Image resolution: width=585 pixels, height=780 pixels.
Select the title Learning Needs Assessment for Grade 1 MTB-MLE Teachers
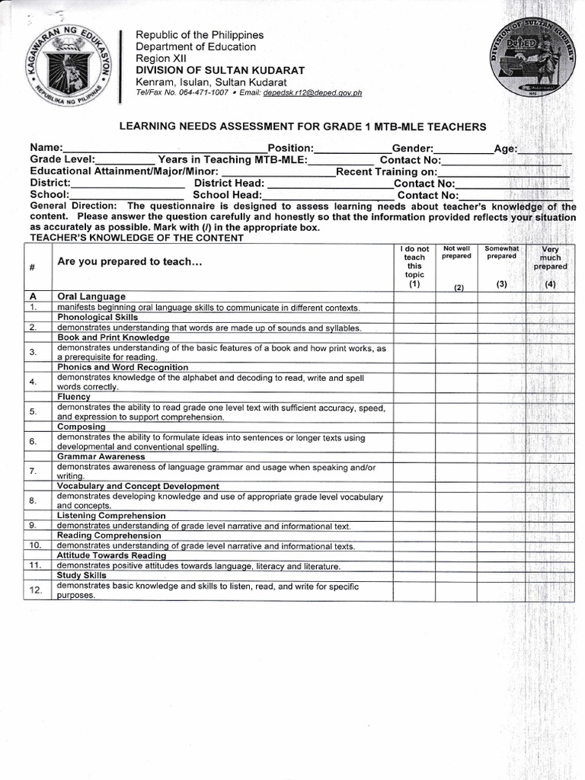tap(302, 126)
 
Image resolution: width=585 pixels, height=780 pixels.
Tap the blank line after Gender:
tap(463, 149)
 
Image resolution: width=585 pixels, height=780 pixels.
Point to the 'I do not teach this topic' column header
tap(414, 266)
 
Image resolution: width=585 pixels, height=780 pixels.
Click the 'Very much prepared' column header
tap(549, 266)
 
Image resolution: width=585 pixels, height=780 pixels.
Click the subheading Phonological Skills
tap(97, 316)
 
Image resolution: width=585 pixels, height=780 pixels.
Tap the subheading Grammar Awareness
tap(101, 456)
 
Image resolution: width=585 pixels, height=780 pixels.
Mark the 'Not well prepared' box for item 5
tap(456, 412)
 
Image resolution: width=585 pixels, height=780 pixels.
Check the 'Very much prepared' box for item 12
tap(549, 590)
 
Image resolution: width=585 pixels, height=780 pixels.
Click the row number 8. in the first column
tap(34, 500)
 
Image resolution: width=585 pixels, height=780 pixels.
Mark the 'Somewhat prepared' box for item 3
tap(501, 353)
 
